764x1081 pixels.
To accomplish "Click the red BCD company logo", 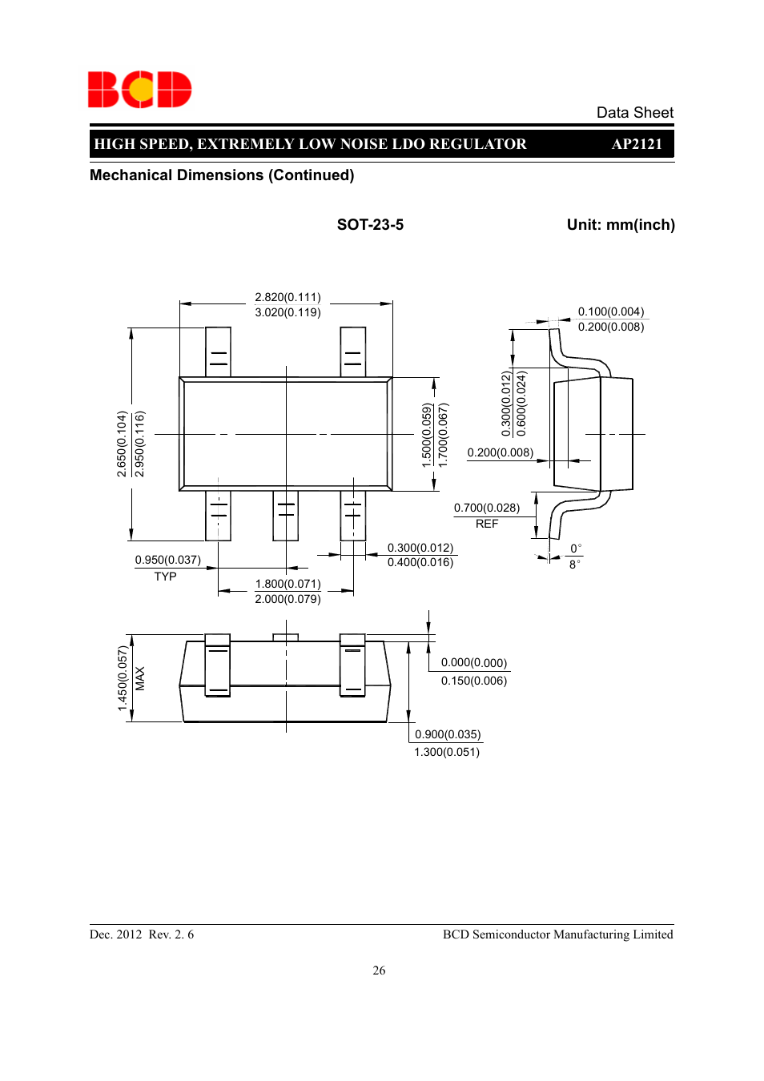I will coord(139,90).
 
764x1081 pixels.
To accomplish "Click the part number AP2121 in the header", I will coord(637,144).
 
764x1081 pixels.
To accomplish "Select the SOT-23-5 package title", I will coord(370,225).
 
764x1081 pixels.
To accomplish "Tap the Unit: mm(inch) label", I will coord(621,225).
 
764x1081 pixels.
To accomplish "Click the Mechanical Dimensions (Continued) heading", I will coord(222,175).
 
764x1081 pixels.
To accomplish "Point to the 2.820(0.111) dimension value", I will coord(288,297).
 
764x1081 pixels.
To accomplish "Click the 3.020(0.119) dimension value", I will coord(288,312).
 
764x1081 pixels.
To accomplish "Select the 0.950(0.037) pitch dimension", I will coord(167,560).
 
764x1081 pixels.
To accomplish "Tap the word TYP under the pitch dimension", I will coord(165,577).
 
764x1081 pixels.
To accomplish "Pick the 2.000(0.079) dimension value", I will coord(288,599).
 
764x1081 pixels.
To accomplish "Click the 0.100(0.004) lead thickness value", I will coord(611,311).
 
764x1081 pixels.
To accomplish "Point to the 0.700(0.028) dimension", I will coord(486,508).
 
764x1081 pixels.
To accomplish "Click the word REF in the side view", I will coord(487,524).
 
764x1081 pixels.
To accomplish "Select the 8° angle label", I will coord(574,565).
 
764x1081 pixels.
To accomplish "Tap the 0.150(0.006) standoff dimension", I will coord(473,681).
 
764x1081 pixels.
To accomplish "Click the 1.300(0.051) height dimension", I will coord(447,752).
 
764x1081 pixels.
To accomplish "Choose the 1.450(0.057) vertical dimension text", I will coord(123,678).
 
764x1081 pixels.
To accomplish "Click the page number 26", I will coord(379,970).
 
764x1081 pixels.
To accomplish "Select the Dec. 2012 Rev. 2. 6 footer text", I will coord(142,934).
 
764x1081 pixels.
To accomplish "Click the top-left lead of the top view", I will coord(218,352).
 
